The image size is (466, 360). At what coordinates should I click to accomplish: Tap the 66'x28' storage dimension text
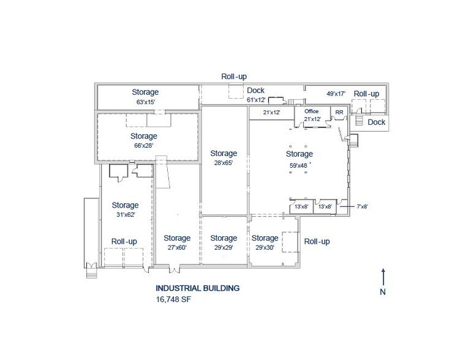[144, 145]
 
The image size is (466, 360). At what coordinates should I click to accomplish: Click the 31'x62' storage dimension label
[125, 214]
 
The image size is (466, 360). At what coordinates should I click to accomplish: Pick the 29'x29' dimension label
[223, 247]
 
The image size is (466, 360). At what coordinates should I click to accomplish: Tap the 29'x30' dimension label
[265, 247]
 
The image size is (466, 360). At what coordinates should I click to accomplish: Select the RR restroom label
[339, 113]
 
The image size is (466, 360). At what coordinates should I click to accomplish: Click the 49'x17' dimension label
[336, 94]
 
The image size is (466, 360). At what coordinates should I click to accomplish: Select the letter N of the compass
[383, 292]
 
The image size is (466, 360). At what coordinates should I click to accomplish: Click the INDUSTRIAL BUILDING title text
[197, 288]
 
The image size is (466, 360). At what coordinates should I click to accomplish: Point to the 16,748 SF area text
[174, 300]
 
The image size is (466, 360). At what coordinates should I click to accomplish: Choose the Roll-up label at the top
[234, 77]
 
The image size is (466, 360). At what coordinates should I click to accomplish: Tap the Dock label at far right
[377, 122]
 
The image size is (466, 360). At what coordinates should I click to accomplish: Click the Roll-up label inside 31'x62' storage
[125, 241]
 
